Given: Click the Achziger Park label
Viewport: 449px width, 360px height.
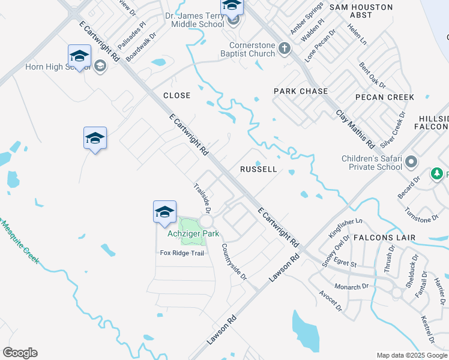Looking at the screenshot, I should coord(193,233).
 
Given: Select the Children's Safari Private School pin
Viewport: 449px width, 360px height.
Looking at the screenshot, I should coord(411,162).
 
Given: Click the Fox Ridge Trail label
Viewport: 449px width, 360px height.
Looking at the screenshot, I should coord(182,253).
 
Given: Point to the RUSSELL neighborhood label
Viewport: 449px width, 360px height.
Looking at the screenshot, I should coord(259,169).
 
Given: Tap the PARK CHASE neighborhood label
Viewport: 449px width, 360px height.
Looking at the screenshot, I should coord(301,91).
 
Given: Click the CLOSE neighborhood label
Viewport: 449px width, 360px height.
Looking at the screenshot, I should coord(176,95).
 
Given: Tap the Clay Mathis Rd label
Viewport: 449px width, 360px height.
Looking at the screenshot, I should coord(355,128).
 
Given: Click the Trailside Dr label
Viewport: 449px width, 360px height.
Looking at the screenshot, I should coord(201,198).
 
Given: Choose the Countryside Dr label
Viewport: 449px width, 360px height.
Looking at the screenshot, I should coord(234,261).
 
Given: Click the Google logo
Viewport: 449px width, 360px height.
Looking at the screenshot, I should coord(20,353).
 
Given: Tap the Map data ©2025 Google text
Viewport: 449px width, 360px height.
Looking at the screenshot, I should coord(411,355).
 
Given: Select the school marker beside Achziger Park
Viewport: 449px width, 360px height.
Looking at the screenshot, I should coord(164,211).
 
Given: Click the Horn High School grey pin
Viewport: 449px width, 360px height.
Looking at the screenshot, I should coord(100,66).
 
